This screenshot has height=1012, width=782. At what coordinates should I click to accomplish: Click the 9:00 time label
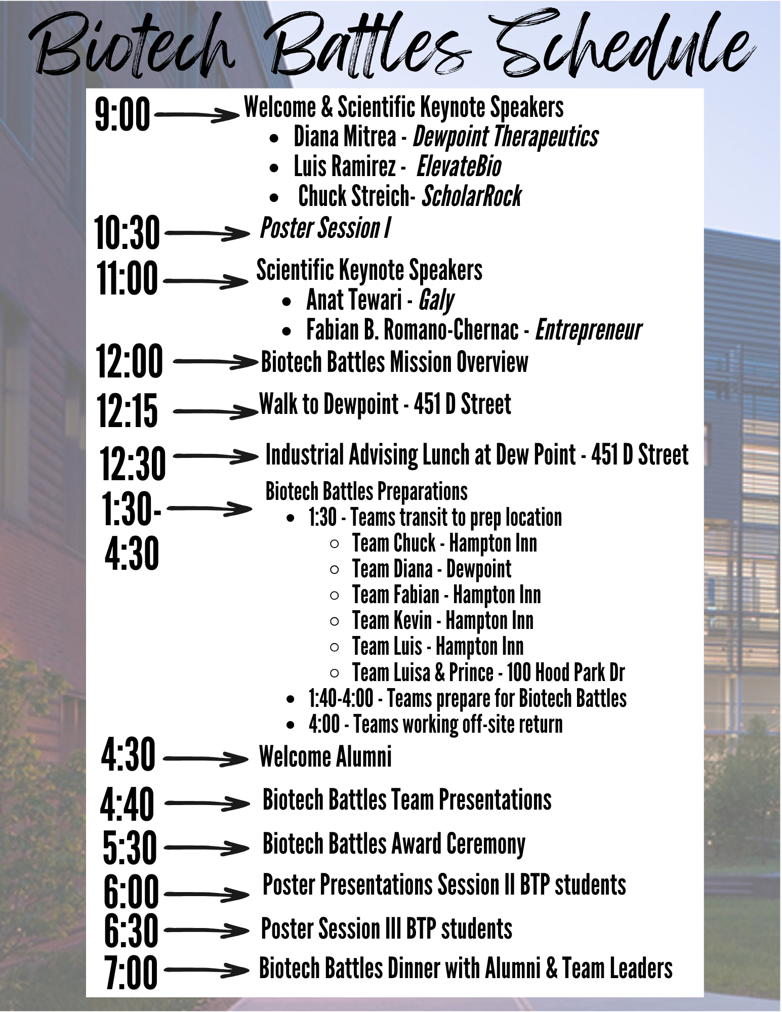(x=122, y=115)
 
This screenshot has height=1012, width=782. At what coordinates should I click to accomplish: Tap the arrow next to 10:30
(x=207, y=233)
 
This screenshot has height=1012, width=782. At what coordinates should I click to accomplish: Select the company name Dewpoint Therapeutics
(x=505, y=137)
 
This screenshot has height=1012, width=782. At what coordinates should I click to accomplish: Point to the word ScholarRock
(x=472, y=196)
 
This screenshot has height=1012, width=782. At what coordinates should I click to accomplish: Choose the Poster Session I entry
(x=325, y=228)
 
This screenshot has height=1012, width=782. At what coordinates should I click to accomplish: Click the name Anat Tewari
(x=354, y=300)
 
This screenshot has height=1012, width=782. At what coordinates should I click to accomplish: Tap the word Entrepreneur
(x=588, y=330)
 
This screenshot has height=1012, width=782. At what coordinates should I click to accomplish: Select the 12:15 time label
(x=127, y=410)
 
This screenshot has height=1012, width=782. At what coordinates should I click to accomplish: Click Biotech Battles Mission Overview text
(x=394, y=362)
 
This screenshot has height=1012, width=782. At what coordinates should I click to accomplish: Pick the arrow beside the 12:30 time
(x=216, y=457)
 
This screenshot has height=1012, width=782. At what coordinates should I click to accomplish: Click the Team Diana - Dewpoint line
(x=432, y=569)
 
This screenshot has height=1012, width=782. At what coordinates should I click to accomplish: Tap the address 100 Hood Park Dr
(x=566, y=673)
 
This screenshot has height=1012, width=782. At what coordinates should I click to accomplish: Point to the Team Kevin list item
(x=443, y=621)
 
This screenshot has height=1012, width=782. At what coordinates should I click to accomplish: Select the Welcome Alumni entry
(x=325, y=757)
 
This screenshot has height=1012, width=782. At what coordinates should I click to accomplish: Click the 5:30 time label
(x=130, y=848)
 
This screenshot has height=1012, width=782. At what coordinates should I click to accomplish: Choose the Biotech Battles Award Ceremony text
(x=394, y=844)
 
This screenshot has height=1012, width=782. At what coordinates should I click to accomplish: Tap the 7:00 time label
(x=131, y=972)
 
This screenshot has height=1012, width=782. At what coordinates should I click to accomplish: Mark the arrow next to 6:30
(x=207, y=930)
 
